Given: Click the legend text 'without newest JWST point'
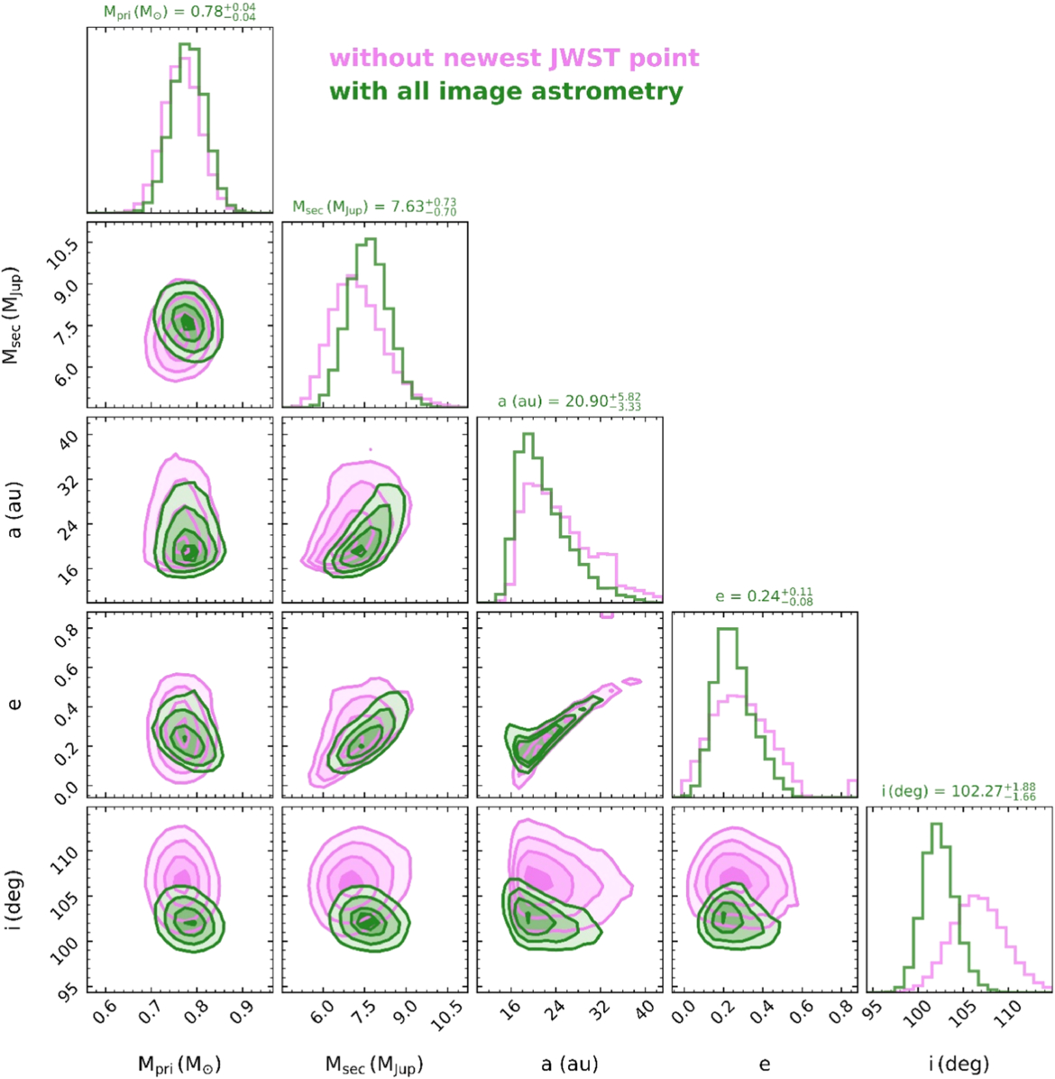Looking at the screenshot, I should (514, 59).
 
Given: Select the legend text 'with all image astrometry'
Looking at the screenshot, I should (506, 91).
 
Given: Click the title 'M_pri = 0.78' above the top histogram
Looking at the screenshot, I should (179, 14).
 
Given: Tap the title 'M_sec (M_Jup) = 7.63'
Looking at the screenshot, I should (374, 207).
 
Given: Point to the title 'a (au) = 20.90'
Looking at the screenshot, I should (569, 401).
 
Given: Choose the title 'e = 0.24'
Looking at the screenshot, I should (765, 596).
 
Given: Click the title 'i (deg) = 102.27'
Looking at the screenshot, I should (959, 791).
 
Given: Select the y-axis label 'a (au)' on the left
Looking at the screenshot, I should (14, 510).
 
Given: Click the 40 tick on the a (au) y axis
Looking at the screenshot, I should (69, 437).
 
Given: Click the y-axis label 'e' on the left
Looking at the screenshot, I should (14, 705).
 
